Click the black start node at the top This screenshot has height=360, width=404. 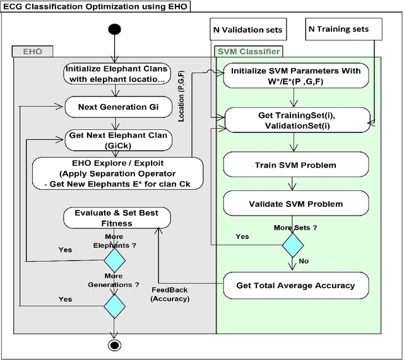tap(114, 29)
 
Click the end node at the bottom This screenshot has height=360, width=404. tap(114, 345)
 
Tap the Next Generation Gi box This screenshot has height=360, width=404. tap(119, 106)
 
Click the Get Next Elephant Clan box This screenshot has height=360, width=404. tap(119, 139)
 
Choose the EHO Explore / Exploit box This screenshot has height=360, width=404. tap(119, 173)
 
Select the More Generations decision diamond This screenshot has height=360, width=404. tap(114, 306)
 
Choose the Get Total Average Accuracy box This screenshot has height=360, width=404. tap(295, 286)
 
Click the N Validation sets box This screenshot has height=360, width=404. tap(247, 30)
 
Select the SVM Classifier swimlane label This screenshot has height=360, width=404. tap(248, 52)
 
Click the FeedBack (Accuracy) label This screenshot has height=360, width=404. tap(170, 294)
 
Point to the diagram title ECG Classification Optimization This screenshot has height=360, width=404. tap(95, 6)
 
